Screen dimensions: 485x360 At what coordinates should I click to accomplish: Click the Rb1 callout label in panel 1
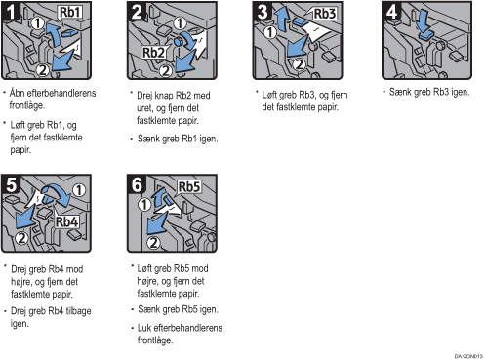69,13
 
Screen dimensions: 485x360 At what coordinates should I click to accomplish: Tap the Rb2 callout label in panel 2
153,53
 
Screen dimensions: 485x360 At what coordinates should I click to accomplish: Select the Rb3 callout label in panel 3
324,14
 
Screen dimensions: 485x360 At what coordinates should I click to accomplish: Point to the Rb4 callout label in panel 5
66,221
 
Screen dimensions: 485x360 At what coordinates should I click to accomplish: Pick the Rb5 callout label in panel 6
189,187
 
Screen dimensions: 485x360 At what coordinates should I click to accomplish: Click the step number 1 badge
11,11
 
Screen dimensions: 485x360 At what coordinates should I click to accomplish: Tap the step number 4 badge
391,11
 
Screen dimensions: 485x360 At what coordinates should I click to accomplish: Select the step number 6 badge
137,184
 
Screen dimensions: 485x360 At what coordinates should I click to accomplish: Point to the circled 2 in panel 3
299,64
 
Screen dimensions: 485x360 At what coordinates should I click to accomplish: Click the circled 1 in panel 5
79,190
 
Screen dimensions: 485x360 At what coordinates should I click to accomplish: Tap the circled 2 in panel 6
153,242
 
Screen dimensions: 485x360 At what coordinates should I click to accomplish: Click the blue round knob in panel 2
179,41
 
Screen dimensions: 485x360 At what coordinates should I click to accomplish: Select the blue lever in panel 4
425,36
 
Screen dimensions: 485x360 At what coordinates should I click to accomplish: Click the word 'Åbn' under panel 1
17,93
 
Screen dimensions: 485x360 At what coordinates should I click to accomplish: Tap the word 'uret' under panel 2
143,108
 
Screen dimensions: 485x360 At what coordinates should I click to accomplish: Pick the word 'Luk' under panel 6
144,328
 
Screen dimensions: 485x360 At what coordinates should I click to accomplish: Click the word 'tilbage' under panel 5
78,311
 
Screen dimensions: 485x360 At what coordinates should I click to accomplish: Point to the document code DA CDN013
468,356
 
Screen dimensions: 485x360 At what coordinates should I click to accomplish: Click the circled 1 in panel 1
38,23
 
